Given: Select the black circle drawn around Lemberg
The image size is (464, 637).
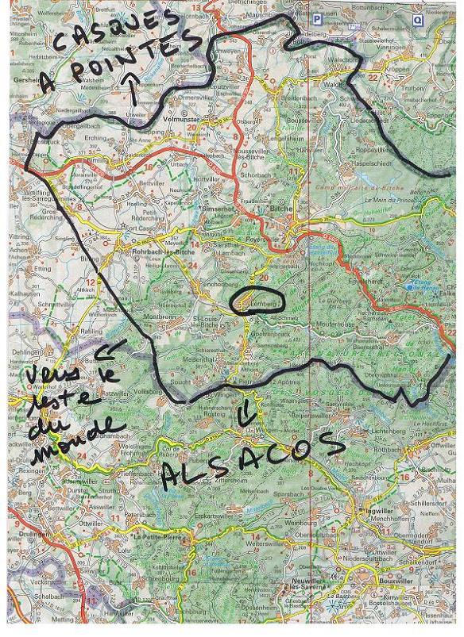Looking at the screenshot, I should click(256, 305).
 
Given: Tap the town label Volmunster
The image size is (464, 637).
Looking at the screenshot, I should click(180, 119).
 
